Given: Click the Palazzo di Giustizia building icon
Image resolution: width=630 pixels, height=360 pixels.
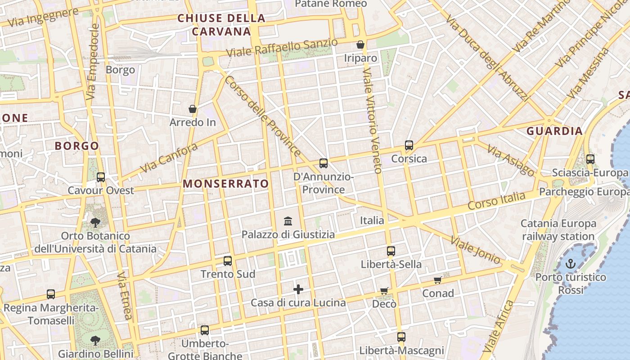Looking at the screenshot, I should click(288, 221).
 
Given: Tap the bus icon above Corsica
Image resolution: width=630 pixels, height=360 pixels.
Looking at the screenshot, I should click(409, 145).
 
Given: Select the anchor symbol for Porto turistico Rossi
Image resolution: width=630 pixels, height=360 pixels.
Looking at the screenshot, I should click(571, 264).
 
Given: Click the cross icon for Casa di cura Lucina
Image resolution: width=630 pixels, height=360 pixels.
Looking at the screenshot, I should click(298, 289).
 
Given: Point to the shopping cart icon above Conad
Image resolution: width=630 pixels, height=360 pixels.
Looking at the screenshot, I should click(437, 280).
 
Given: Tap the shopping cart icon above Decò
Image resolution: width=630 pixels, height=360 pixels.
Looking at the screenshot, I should click(384, 291).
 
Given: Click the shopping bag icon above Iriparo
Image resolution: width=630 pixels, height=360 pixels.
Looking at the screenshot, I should click(360, 45).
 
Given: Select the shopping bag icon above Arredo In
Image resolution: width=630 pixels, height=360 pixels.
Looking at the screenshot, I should click(193, 109).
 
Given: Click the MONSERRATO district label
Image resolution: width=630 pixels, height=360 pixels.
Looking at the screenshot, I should click(226, 184).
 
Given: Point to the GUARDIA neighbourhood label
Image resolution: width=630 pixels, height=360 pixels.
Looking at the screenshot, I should click(554, 131).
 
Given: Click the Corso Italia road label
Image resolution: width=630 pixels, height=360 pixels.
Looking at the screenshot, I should click(496, 200).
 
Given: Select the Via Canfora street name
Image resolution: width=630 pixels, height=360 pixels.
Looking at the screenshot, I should click(169, 158).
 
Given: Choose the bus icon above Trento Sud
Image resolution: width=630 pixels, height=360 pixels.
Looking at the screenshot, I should click(228, 261).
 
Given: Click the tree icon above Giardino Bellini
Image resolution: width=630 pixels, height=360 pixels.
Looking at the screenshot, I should click(95, 340).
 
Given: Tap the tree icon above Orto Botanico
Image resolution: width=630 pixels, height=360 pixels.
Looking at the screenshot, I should click(95, 222).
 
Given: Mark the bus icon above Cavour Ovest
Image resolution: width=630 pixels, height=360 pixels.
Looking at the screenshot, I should click(101, 177).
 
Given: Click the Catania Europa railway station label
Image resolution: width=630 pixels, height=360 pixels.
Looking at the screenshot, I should click(558, 229).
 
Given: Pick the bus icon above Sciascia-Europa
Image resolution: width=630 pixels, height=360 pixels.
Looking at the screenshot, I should click(590, 159).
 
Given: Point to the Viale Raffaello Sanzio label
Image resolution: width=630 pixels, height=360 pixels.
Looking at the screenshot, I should click(282, 48).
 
